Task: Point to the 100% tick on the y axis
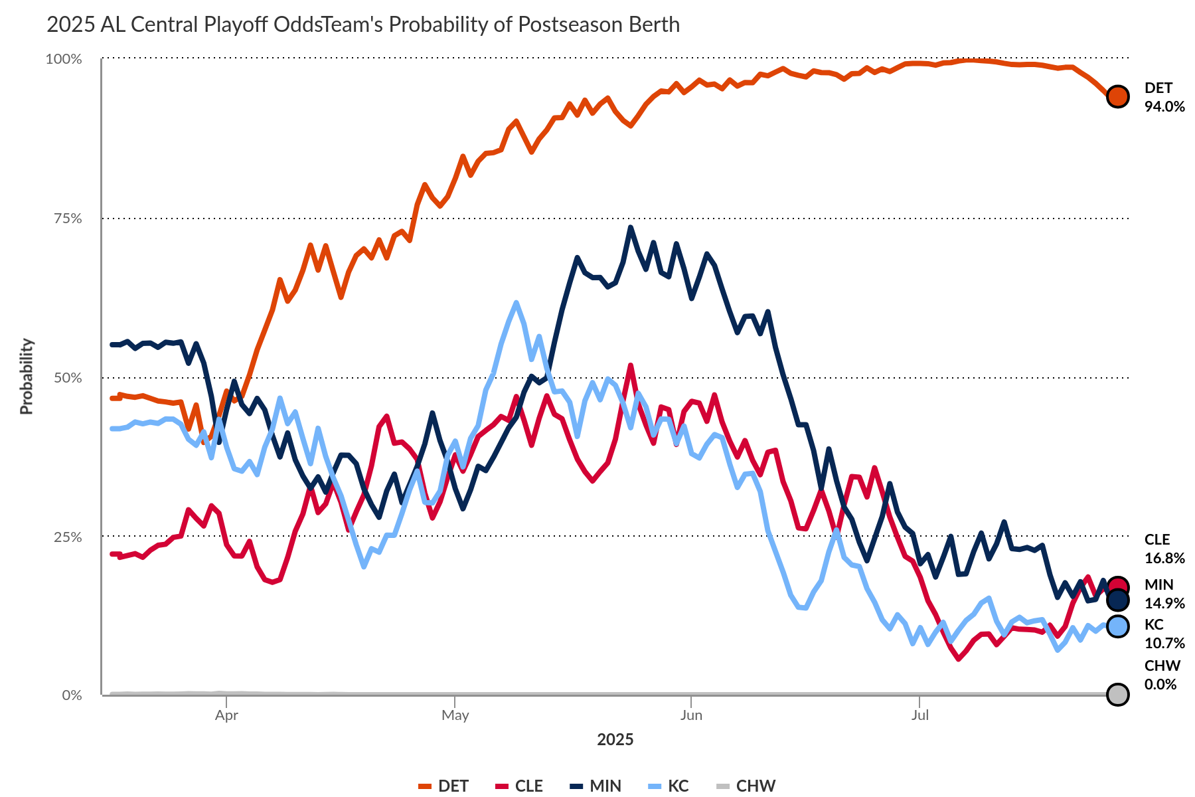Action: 64,59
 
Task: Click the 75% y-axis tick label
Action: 67,219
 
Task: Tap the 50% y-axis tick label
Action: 67,378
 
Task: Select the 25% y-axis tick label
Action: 67,537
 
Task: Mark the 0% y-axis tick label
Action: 72,695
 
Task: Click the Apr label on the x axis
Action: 226,715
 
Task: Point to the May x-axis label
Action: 455,715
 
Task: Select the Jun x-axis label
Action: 691,715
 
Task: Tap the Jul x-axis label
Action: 919,715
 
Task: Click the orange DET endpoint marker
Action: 1118,96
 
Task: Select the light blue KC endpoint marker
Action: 1118,626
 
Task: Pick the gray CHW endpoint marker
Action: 1118,695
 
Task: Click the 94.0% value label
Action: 1164,107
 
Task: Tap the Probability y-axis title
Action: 27,377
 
